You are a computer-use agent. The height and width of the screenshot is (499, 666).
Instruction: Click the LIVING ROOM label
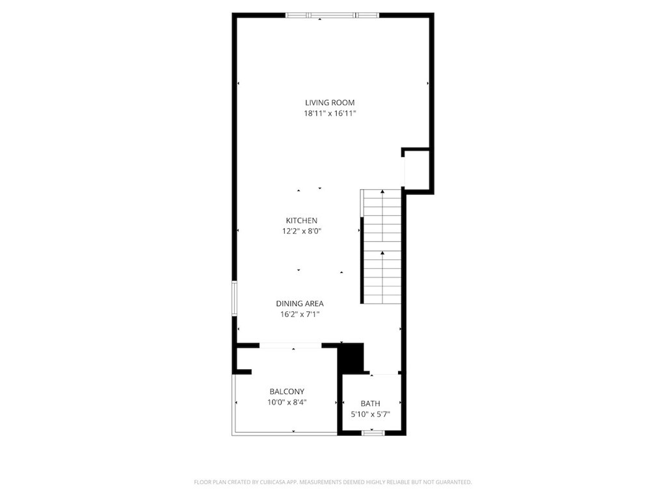[330, 103]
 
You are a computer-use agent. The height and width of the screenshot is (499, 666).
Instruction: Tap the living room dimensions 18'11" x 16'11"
[330, 113]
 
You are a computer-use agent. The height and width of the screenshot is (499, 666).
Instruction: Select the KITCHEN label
[302, 221]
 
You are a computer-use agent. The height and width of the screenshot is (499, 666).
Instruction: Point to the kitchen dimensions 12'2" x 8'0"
[302, 231]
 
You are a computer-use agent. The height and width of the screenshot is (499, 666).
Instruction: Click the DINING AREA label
[300, 304]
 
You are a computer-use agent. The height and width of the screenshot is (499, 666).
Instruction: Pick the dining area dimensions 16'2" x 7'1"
[300, 314]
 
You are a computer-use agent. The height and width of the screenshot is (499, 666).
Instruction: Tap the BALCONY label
[287, 392]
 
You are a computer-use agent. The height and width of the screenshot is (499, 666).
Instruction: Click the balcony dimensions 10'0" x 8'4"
[287, 402]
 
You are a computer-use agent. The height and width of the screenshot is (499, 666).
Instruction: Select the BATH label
[370, 403]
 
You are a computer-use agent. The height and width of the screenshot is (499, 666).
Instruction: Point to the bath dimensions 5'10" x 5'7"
[370, 414]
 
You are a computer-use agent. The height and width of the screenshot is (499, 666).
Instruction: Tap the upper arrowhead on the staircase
[382, 192]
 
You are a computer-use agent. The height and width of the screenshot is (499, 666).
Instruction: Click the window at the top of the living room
[332, 16]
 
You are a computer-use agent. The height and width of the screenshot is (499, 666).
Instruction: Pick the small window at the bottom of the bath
[373, 433]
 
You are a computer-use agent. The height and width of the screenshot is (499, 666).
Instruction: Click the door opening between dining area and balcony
[291, 346]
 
